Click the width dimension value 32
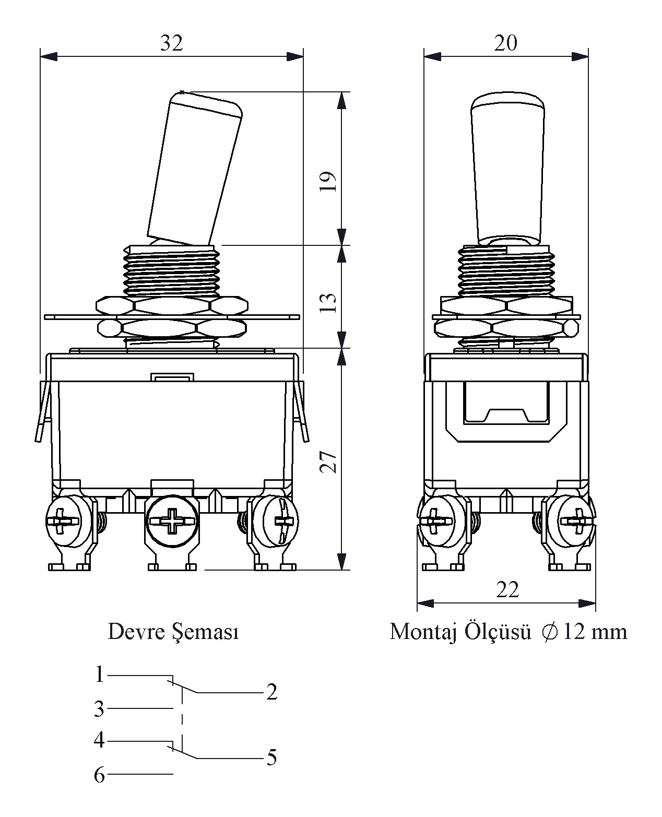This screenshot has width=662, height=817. coord(171,44)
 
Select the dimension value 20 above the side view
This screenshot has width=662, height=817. coord(505,43)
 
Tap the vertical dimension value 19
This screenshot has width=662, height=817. coord(328,181)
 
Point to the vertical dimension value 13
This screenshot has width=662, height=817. coord(328,302)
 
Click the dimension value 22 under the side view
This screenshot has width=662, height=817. coord(507,590)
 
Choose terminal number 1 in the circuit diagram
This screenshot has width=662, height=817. coord(100,674)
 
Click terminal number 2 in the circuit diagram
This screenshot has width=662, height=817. coord(271,692)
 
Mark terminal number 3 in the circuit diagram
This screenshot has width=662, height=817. coord(99,709)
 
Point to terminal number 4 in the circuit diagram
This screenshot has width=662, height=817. coord(99,740)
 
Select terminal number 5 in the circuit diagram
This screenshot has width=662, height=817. coord(271,757)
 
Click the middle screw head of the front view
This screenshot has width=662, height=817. coord(171,521)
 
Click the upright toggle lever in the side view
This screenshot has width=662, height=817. coord(509,167)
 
